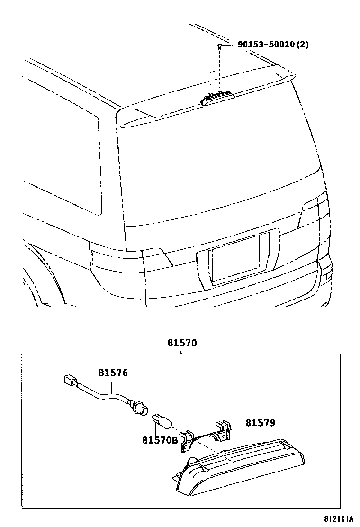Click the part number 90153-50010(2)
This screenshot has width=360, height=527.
273,45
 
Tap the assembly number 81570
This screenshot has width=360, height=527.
181,343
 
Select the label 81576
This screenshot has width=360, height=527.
113,373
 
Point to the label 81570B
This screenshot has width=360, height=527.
160,440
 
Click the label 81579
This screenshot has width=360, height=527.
260,422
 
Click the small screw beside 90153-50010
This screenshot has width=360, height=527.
220,45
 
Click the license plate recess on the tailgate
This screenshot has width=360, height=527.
234,259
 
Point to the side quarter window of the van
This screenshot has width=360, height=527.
62,156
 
